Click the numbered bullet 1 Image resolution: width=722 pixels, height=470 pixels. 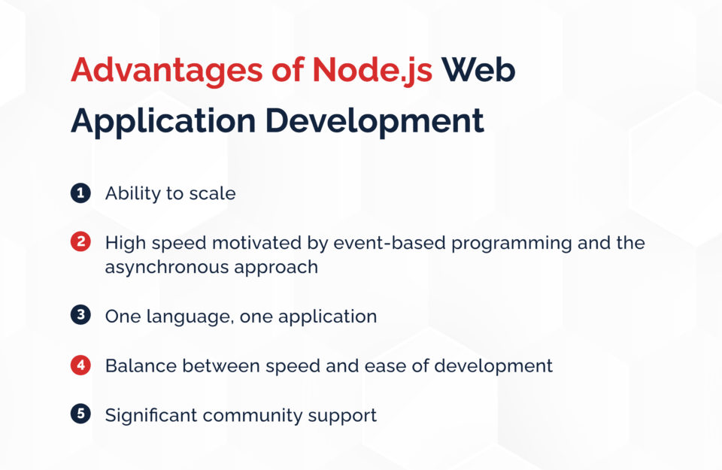[80, 193]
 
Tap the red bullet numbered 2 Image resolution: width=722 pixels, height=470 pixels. [80, 243]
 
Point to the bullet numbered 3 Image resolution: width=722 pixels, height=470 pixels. [80, 316]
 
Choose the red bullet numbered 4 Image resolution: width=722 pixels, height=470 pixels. [80, 365]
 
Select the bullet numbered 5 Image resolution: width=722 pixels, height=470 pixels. [80, 414]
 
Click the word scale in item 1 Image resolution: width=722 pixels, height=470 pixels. [212, 193]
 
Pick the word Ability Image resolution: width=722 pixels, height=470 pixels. [134, 194]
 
